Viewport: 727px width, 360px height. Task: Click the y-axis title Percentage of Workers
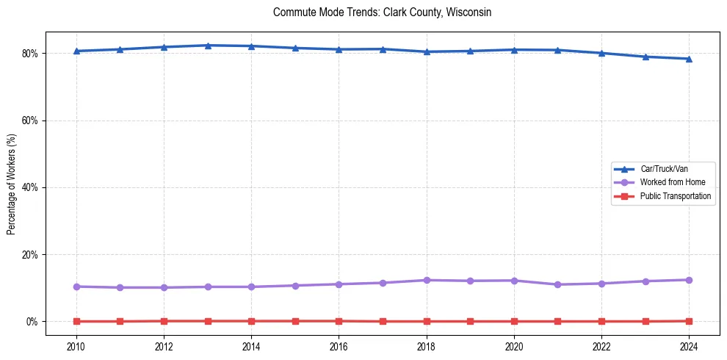pos(12,184)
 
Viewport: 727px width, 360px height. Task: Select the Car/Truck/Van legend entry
pos(664,169)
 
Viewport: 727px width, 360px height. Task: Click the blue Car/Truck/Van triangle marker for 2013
pos(208,46)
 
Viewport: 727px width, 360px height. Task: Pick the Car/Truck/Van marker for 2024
pos(689,59)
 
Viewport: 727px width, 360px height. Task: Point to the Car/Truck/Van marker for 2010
pos(76,51)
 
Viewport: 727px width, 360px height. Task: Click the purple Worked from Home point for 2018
pos(427,280)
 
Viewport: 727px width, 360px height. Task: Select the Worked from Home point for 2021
pos(557,284)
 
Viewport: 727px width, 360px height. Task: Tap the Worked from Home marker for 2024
pos(689,280)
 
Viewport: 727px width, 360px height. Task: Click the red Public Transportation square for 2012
pos(164,321)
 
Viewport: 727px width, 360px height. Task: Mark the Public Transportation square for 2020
pos(514,321)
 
